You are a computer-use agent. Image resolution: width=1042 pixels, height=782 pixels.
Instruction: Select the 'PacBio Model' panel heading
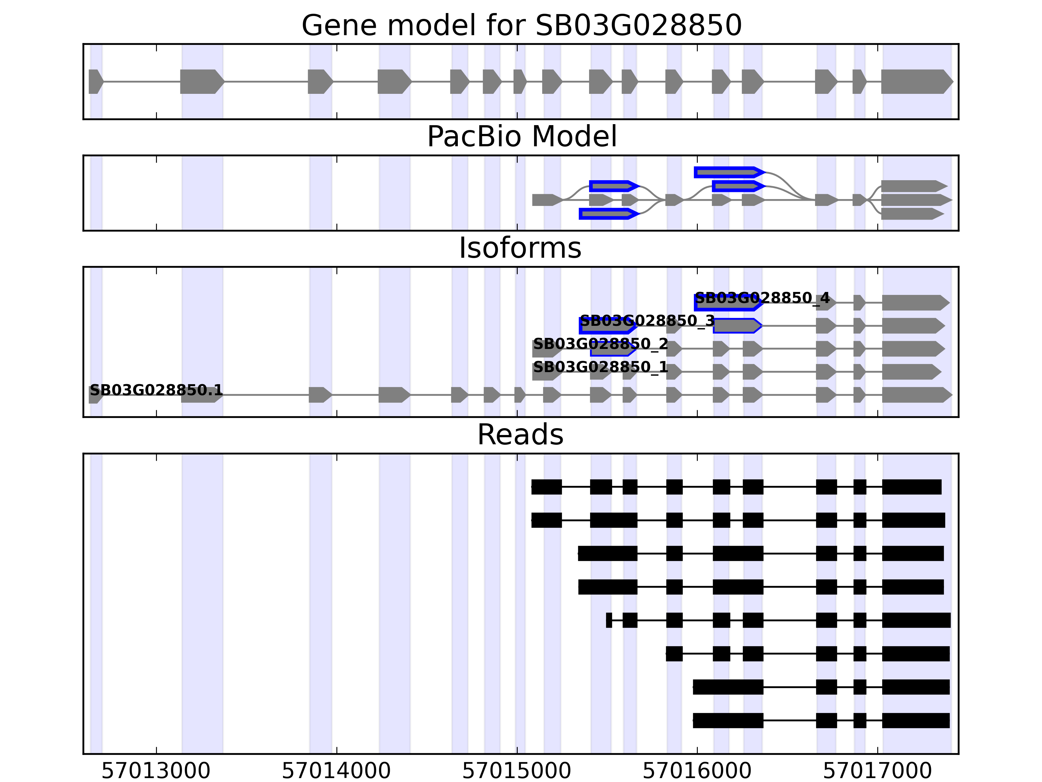pyautogui.click(x=521, y=137)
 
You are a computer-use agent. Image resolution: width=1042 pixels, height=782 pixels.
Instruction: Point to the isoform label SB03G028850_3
pyautogui.click(x=647, y=321)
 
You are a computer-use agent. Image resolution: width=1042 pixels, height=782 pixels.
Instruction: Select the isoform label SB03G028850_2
pyautogui.click(x=600, y=344)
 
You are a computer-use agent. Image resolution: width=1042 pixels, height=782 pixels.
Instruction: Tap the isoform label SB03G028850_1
pyautogui.click(x=600, y=367)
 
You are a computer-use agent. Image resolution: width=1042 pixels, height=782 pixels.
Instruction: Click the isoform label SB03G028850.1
pyautogui.click(x=156, y=390)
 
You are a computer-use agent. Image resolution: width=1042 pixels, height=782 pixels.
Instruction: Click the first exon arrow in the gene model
pyautogui.click(x=95, y=81)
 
